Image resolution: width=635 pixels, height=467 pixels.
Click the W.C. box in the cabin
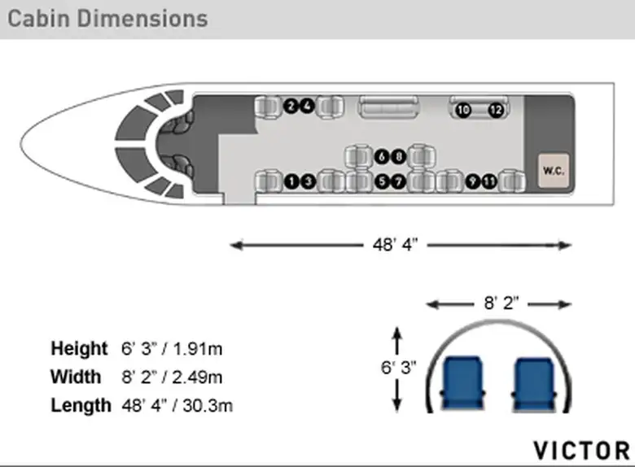tap(554, 171)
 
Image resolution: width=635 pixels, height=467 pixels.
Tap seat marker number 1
tap(291, 181)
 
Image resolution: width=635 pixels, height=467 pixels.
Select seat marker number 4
tap(308, 106)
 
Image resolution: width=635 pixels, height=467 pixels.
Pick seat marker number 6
tap(382, 156)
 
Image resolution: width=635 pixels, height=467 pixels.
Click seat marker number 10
tap(463, 110)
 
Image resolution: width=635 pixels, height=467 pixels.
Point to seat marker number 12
tap(496, 110)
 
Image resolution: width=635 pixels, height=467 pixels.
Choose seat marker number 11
tap(489, 181)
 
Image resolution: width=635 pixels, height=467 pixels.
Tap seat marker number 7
tap(398, 181)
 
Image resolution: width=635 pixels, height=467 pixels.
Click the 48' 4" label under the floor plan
tap(395, 245)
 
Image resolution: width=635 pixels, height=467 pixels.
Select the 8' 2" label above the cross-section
tap(501, 303)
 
